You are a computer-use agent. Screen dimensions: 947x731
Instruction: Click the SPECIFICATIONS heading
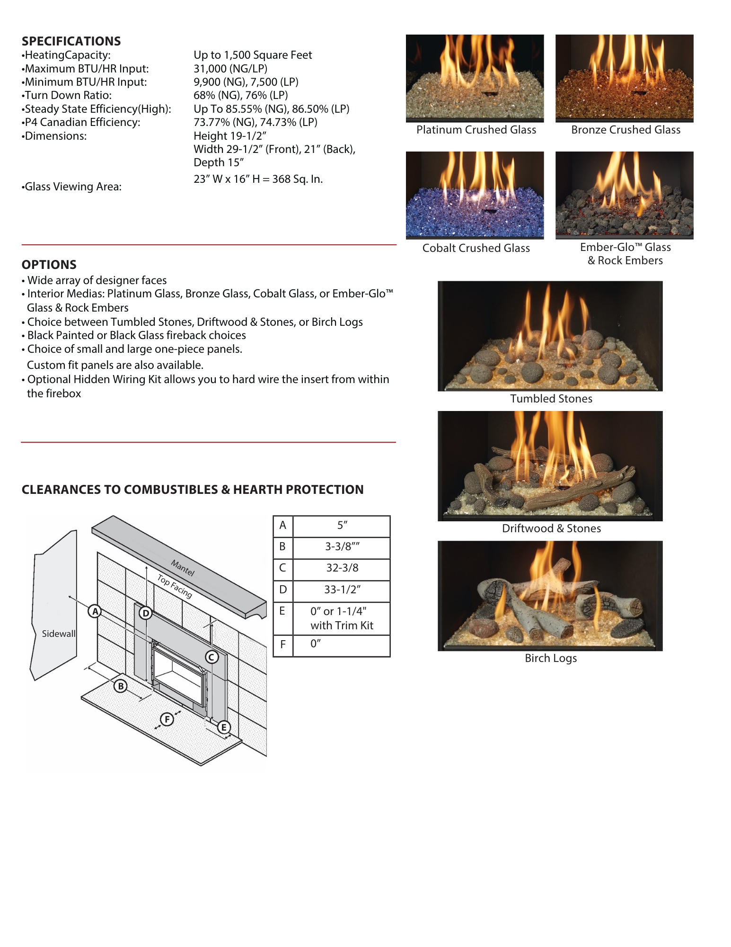tap(71, 41)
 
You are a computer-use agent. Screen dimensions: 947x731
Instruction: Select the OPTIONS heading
tap(49, 265)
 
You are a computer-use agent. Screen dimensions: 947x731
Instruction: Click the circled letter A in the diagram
tap(96, 611)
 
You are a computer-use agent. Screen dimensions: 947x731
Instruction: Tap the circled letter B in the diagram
tap(121, 686)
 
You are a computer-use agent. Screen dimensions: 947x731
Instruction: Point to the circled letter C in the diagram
tap(211, 657)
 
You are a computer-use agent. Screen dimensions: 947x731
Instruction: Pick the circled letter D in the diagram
tap(145, 614)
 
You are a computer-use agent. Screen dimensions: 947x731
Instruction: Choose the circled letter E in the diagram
tap(224, 727)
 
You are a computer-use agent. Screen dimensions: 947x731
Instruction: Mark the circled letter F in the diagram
tap(167, 719)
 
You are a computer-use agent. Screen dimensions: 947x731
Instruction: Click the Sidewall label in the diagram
tap(59, 634)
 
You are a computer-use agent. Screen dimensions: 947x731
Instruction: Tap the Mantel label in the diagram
tap(183, 568)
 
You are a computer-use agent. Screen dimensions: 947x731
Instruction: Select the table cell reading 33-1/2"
tap(342, 590)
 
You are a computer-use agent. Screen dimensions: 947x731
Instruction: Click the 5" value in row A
tap(342, 525)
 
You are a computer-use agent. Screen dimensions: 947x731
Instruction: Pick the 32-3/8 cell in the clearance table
tap(342, 568)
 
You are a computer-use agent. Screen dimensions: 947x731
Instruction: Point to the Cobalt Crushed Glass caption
tap(476, 248)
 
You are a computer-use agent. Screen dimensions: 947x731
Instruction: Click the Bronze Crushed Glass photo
tap(624, 77)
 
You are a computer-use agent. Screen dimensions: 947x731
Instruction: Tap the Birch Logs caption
tap(551, 658)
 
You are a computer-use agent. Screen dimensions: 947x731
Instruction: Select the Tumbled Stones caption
tap(551, 399)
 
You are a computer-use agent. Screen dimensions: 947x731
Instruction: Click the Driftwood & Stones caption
tap(551, 528)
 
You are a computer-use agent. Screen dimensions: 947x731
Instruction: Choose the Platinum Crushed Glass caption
tap(476, 130)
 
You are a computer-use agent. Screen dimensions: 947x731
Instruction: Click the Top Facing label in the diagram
tap(175, 587)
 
